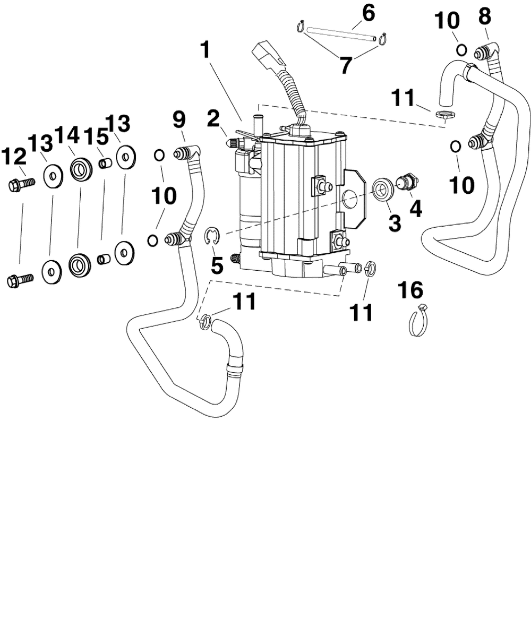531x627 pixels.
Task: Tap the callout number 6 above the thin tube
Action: [368, 12]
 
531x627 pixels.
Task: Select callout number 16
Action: [413, 290]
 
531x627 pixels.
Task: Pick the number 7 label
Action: [345, 66]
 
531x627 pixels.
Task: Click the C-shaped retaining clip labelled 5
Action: [213, 236]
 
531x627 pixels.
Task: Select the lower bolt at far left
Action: [20, 279]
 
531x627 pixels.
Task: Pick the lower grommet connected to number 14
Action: [79, 263]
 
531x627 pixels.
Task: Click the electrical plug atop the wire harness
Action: [267, 55]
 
